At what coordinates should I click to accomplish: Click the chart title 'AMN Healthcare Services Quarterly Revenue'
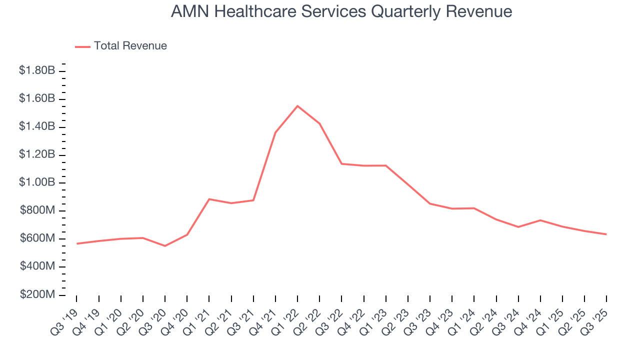pos(341,11)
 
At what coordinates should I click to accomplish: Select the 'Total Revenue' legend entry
pos(130,46)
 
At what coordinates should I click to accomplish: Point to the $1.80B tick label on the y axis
pos(37,71)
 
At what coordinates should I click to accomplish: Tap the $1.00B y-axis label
pos(37,182)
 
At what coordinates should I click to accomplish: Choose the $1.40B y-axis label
pos(37,126)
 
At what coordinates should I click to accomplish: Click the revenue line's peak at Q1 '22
pos(297,106)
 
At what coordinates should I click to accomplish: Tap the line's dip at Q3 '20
pos(165,246)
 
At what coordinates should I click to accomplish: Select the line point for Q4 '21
pos(275,132)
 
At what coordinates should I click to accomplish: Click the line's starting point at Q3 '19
pos(77,243)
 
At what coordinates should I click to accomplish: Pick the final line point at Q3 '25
pos(606,234)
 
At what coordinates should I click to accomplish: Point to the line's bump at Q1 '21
pos(209,199)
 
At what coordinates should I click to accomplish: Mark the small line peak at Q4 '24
pos(540,220)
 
